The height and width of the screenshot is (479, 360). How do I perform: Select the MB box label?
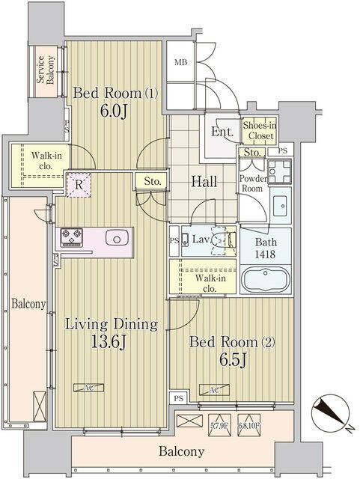[180, 63]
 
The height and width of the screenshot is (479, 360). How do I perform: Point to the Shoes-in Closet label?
[258, 132]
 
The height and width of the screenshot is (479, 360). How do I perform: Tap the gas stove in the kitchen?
[73, 238]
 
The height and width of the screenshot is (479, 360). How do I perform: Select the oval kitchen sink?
[118, 238]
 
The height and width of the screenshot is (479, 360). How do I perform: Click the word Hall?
[203, 180]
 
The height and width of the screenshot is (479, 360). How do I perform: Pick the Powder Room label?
[253, 183]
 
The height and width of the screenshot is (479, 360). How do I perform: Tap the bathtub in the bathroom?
[266, 280]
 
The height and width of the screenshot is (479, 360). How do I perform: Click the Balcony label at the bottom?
[181, 451]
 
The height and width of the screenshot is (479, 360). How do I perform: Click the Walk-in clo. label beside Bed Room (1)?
[46, 160]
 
